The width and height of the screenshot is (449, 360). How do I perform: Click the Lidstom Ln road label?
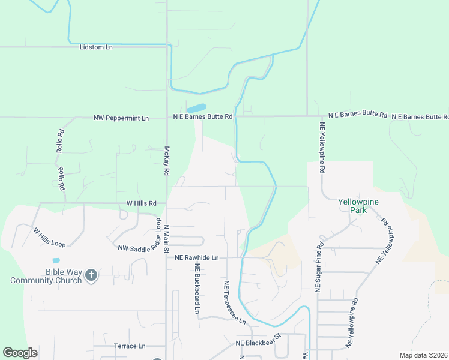pos(96,47)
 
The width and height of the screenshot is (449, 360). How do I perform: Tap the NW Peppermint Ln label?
pos(121,118)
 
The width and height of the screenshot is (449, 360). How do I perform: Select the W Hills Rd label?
pos(141,203)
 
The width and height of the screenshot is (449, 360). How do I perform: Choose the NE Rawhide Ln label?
pos(196,258)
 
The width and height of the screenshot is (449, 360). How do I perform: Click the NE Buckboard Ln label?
pos(196,290)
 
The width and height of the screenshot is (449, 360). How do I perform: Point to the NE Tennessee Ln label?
pos(235,302)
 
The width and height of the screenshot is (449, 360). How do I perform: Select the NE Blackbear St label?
pos(258,340)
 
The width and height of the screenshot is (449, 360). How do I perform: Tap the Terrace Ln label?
pos(130,346)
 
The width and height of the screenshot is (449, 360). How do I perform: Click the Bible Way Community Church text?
pos(46,277)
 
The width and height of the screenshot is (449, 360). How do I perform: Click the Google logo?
pos(20,353)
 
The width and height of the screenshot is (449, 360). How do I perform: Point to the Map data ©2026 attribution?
pos(423,355)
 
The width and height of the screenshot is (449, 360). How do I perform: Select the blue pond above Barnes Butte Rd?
pos(195,109)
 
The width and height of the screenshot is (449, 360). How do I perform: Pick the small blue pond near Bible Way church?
pos(56,260)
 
